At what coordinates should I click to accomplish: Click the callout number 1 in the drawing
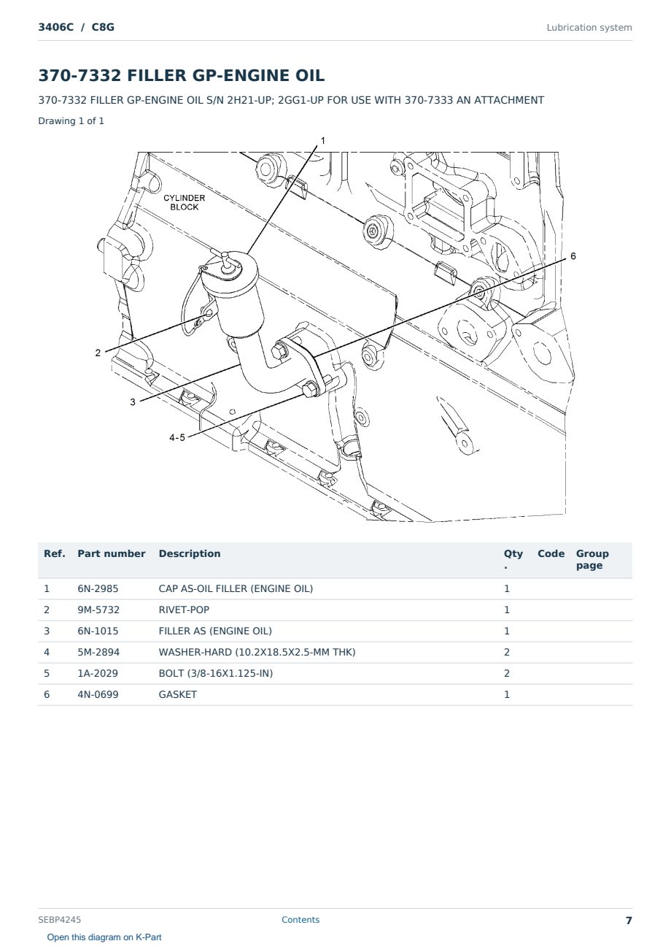[323, 141]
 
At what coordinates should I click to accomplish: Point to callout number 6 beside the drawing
[573, 256]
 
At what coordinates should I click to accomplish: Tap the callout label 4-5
[177, 438]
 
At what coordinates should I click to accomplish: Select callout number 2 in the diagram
[98, 353]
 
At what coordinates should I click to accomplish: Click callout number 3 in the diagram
[133, 402]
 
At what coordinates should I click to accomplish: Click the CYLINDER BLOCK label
[184, 202]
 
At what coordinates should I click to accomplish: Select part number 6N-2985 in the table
[98, 588]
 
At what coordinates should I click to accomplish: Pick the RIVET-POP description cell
[184, 610]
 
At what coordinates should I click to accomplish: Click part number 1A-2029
[98, 673]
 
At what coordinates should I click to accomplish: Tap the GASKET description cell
[178, 694]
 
